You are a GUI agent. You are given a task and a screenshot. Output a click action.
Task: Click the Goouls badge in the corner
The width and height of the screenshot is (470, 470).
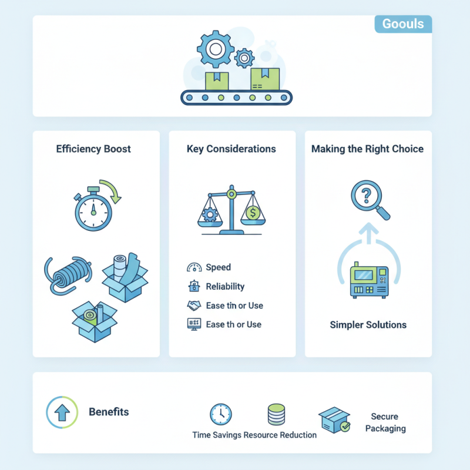pos(402,24)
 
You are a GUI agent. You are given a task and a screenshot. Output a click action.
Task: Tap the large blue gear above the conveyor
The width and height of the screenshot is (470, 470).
pos(215,47)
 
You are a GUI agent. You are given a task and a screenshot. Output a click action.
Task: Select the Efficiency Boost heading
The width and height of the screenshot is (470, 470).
pos(93,149)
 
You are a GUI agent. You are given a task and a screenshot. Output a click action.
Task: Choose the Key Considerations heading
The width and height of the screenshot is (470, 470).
pos(231,149)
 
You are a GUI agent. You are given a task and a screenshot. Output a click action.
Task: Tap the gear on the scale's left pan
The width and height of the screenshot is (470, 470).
pos(210,214)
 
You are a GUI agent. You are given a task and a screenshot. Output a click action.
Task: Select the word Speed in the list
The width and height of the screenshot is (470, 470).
pos(218,267)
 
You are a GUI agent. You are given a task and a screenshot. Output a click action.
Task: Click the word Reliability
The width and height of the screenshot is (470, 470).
pos(225,286)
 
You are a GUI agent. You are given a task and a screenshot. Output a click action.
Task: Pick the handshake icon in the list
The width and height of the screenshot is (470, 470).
pos(194,305)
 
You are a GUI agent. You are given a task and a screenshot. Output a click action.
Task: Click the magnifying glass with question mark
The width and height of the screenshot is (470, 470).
pos(368,199)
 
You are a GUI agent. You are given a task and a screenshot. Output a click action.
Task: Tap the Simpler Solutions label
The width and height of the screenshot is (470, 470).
pos(368,324)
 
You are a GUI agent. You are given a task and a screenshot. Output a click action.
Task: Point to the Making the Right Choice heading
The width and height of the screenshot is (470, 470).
pos(367,149)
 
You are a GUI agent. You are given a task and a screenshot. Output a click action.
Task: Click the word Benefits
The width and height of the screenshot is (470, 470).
pos(109,412)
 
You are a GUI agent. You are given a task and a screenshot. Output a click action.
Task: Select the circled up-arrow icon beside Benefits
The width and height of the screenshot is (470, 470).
pos(61,412)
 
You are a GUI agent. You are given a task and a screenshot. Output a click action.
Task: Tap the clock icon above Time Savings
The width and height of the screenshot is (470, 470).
pos(221,414)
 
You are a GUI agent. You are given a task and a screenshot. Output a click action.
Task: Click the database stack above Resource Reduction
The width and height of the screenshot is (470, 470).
pos(276,414)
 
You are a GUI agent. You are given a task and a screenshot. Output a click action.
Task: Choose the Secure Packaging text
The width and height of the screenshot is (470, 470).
pos(385,422)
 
